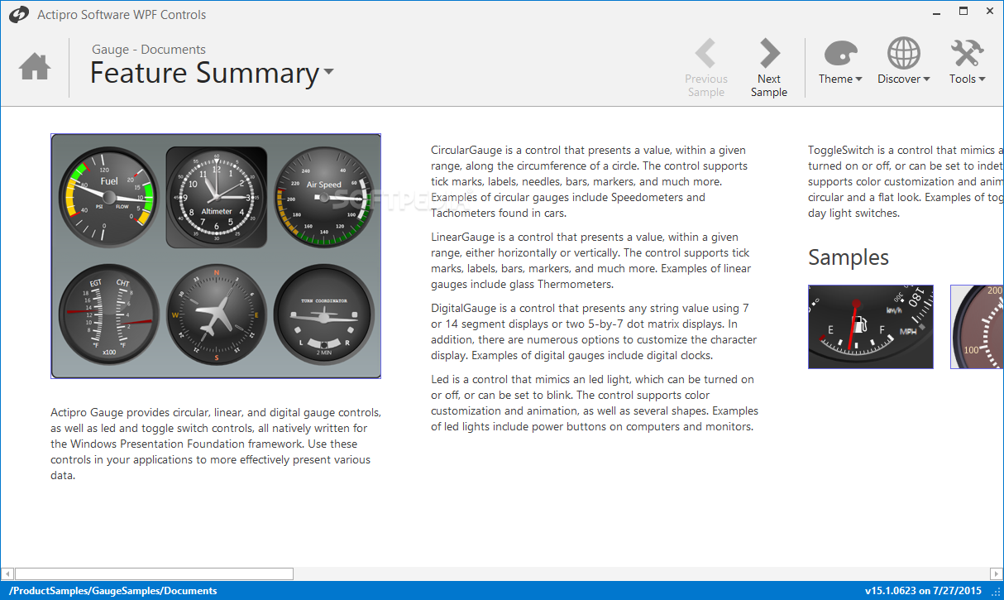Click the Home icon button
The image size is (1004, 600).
pos(35,66)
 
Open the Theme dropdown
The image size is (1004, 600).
pos(840,62)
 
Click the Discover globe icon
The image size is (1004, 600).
pos(903,54)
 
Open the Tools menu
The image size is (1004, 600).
pos(967,62)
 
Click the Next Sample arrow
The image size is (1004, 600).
pos(769,55)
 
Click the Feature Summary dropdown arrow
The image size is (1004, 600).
pos(329,72)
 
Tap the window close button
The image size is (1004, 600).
pos(989,12)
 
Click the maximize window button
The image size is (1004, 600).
pos(963,12)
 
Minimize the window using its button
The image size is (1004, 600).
pos(937,12)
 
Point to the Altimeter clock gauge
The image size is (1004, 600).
pos(217,197)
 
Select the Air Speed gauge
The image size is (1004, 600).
pos(323,197)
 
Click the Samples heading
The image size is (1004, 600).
pos(848,257)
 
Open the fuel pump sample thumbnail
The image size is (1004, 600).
pos(870,327)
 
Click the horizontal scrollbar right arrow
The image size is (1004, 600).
pos(997,574)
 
